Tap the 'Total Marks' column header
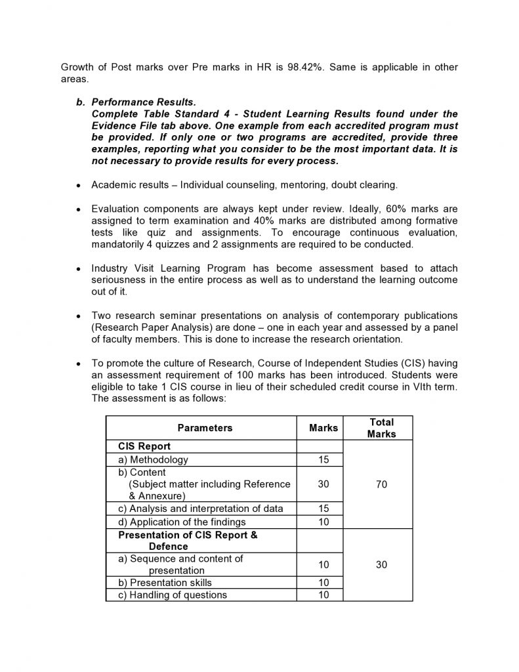tap(381, 428)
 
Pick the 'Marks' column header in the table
tap(323, 428)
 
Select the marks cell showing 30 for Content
tap(323, 484)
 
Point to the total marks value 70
tap(381, 484)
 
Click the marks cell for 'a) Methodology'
tap(323, 460)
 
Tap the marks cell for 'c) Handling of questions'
tap(323, 595)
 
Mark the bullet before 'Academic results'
tap(79, 186)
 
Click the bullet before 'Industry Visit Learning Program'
tap(79, 269)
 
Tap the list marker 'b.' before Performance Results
tap(81, 102)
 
